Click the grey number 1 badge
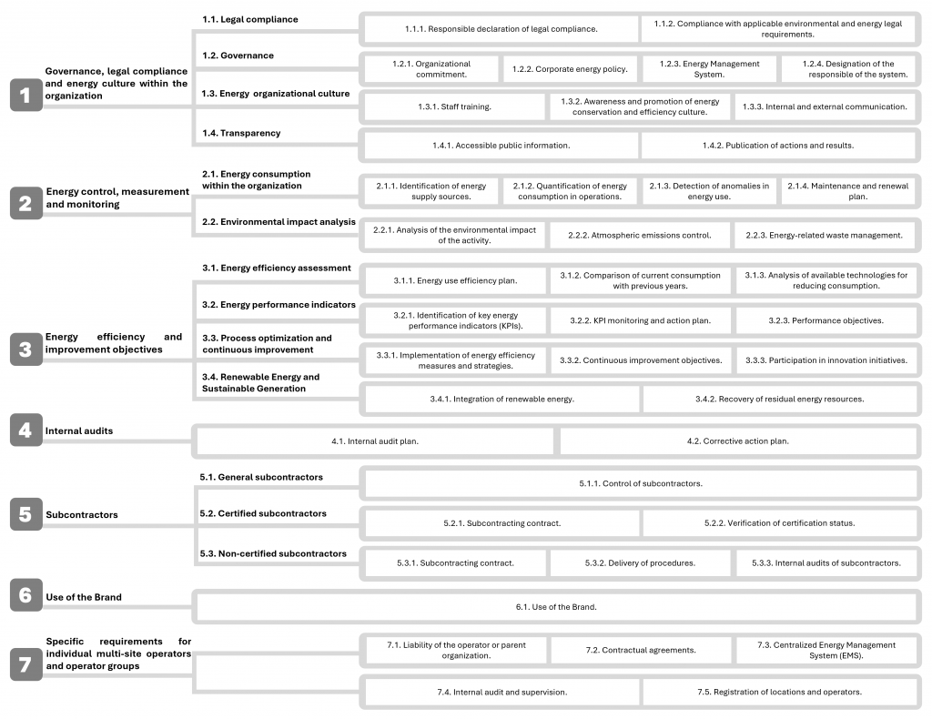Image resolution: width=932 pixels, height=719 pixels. click(x=25, y=95)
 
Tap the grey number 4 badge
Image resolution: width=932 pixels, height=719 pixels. click(x=25, y=430)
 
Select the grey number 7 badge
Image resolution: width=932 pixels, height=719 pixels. click(x=25, y=665)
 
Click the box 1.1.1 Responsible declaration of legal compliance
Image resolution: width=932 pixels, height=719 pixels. click(x=501, y=29)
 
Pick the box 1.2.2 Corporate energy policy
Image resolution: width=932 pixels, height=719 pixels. click(x=569, y=69)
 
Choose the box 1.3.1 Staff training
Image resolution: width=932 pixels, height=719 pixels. click(x=454, y=106)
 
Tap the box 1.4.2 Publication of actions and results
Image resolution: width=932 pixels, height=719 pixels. click(x=777, y=146)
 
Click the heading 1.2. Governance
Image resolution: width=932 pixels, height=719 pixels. click(x=238, y=56)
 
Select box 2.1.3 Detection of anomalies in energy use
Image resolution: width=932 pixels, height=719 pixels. click(x=709, y=191)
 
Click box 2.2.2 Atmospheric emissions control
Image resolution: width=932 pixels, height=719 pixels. click(x=640, y=235)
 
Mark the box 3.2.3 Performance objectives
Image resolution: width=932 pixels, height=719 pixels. click(x=826, y=320)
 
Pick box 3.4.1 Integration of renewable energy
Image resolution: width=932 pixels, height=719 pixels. click(x=501, y=399)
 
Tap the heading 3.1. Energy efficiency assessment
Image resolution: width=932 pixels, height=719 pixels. click(x=277, y=268)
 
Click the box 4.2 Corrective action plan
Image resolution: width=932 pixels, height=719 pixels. click(x=737, y=441)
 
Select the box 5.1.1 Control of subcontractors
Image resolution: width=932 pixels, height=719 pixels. click(x=640, y=483)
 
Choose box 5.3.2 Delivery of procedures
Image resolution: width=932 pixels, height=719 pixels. click(x=640, y=562)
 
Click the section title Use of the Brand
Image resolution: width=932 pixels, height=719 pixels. click(x=84, y=597)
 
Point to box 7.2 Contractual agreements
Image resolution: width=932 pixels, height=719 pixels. click(x=641, y=650)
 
